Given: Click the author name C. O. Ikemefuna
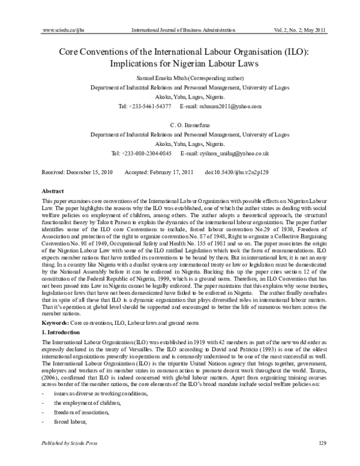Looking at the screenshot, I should (180, 124).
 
